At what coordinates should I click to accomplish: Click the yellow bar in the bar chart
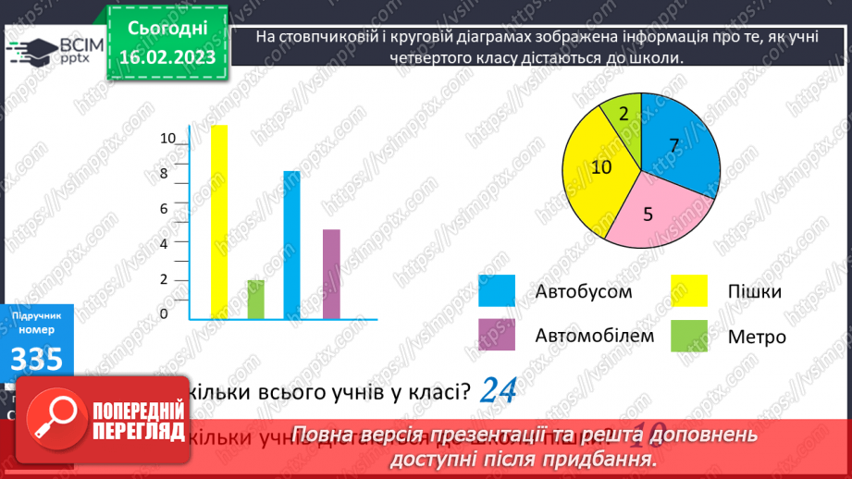click(219, 222)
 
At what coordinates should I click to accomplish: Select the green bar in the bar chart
click(256, 300)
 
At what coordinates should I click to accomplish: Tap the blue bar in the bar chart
click(291, 246)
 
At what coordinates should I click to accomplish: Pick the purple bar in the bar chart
click(331, 275)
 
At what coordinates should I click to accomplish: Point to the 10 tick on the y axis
click(167, 139)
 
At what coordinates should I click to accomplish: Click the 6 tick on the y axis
click(164, 209)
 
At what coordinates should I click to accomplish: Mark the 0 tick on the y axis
click(164, 314)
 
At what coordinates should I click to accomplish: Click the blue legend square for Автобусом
click(497, 291)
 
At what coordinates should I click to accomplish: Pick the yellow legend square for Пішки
click(688, 291)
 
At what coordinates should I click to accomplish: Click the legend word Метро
click(757, 337)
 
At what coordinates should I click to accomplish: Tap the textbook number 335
click(37, 358)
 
